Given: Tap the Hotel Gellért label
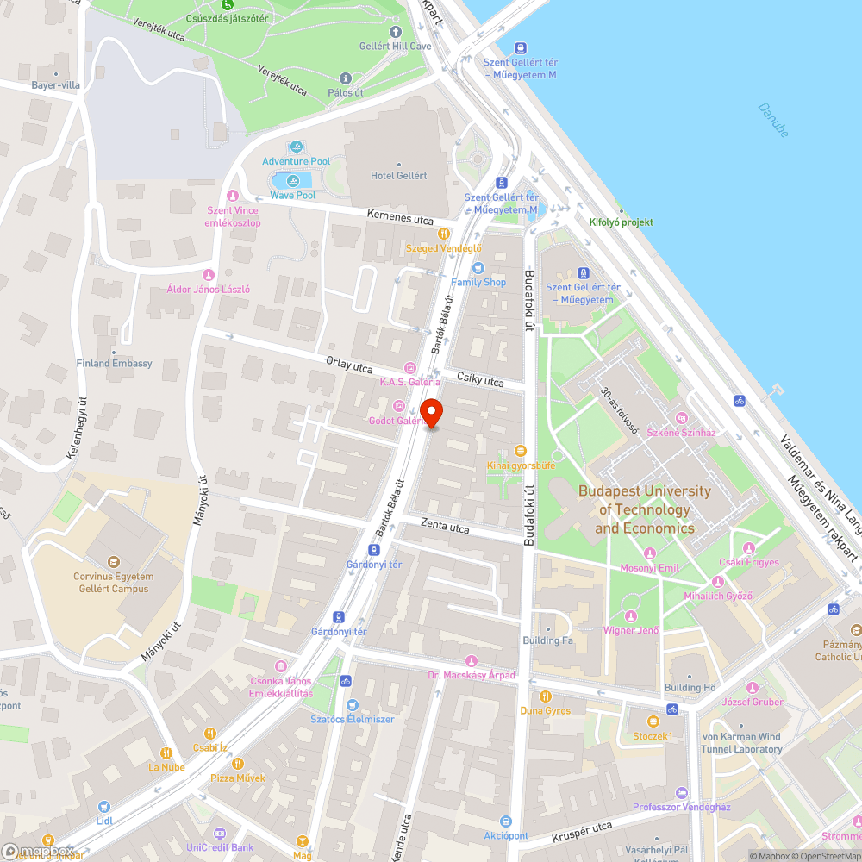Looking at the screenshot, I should pos(398,175).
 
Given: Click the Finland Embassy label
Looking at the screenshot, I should pos(114,363).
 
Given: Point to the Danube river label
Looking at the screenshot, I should pos(773,120).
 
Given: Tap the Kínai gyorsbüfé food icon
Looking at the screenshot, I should pos(520,451).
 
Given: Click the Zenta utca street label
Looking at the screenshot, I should pos(445,525).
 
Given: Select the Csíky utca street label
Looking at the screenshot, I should pos(481,380).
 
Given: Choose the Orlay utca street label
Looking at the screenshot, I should pos(349,365).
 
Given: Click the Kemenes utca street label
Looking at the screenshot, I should pos(400,219).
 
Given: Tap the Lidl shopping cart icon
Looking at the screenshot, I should pos(104,807).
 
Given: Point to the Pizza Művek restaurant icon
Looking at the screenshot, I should pos(238,763).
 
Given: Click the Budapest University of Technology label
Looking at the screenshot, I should pos(645,509).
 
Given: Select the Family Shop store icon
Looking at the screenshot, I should pos(478,268).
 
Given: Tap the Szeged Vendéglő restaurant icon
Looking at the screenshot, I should pos(444,233).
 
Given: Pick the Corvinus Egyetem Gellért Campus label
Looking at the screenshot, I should pos(113,583).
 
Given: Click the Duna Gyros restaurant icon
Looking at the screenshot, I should pos(545,696).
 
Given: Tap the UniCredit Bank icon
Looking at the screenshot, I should pos(219,834).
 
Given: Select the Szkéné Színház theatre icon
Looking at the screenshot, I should pos(682,418).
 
